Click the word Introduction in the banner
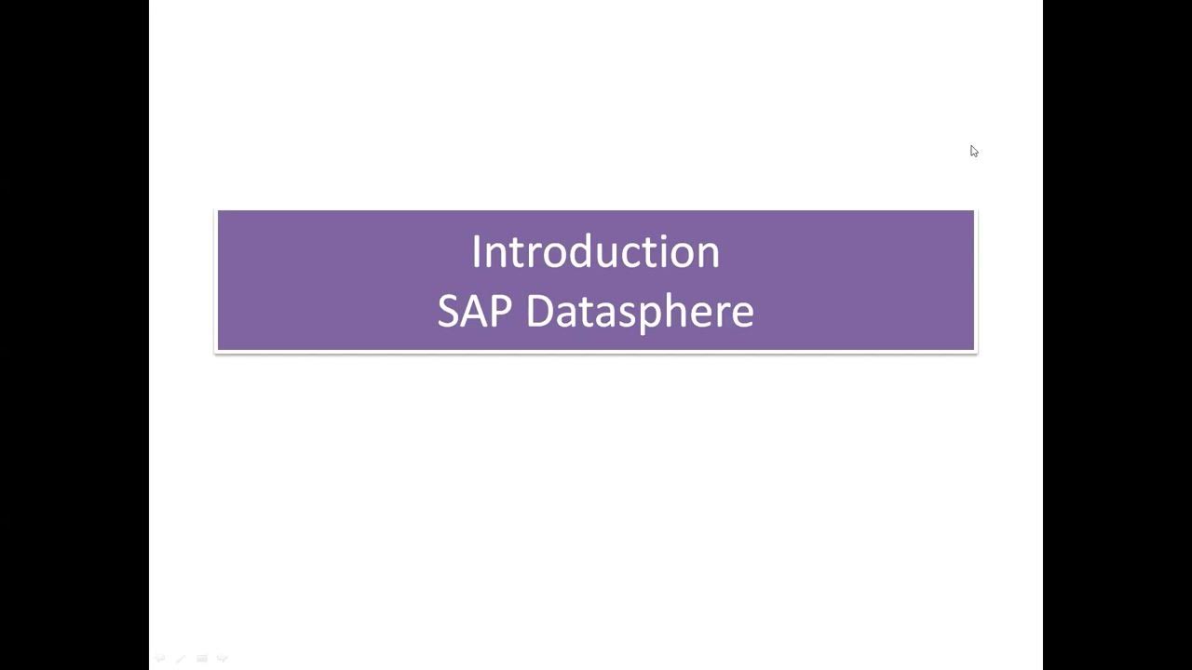595,252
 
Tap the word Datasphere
640,311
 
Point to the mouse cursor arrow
974,151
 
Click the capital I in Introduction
476,252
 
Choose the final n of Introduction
709,254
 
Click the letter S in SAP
449,311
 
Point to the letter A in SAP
473,311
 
